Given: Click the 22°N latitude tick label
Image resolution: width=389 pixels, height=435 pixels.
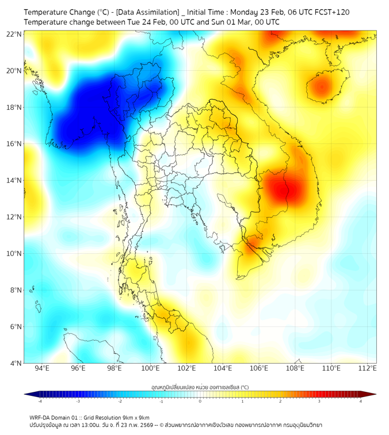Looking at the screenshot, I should [14, 34].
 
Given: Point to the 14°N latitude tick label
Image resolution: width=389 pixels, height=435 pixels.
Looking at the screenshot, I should [14, 180].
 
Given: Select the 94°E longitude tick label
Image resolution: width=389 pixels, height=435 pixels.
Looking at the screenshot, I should [42, 368].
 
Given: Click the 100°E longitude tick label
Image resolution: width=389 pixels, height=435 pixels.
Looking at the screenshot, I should [150, 368].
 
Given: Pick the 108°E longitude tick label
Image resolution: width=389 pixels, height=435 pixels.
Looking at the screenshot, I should [295, 368].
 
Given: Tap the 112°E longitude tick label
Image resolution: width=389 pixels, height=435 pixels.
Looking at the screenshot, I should [368, 368].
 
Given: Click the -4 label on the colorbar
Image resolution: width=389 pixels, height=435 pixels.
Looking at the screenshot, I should [40, 401].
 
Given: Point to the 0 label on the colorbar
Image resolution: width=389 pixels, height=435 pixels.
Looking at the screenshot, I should [200, 401].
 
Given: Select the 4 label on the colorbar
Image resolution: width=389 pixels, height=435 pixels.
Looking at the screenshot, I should [361, 401].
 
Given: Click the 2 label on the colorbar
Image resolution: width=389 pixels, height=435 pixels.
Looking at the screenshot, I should [281, 401].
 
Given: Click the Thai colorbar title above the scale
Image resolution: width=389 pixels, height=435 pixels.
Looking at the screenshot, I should [200, 387].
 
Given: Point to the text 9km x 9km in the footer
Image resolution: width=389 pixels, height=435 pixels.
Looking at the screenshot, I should [136, 417].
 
